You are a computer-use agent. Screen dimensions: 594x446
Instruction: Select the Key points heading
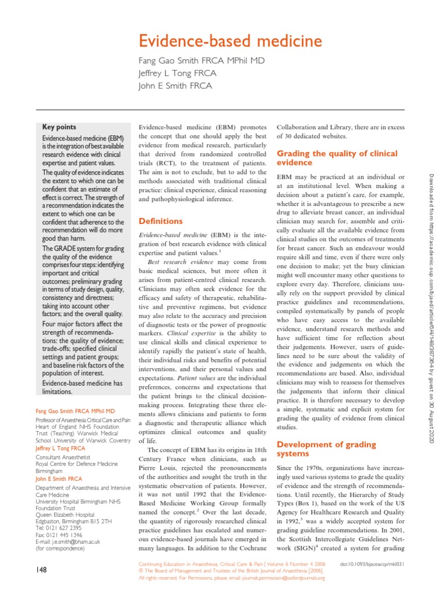59,127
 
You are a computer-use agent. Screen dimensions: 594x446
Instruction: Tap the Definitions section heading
160,221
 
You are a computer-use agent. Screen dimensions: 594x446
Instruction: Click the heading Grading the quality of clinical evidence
337,158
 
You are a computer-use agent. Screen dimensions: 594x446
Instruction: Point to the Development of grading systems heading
327,448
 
